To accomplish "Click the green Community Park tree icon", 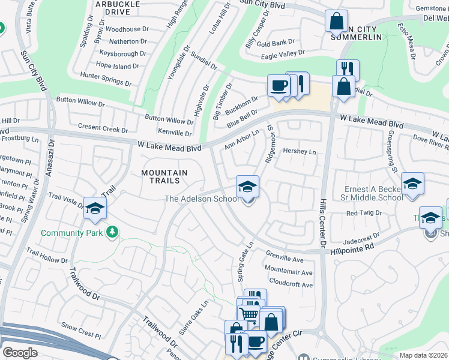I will tap(112, 232).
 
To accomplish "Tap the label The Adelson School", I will tap(202, 199).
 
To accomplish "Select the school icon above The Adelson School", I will tap(247, 187).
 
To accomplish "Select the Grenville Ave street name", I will tap(285, 260).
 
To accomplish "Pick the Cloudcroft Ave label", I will tap(291, 284).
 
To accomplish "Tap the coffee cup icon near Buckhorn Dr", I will tap(278, 86).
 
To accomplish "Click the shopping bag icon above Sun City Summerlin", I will tap(337, 22).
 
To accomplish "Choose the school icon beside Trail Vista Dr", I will tap(95, 208).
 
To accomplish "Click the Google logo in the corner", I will tap(20, 353).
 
